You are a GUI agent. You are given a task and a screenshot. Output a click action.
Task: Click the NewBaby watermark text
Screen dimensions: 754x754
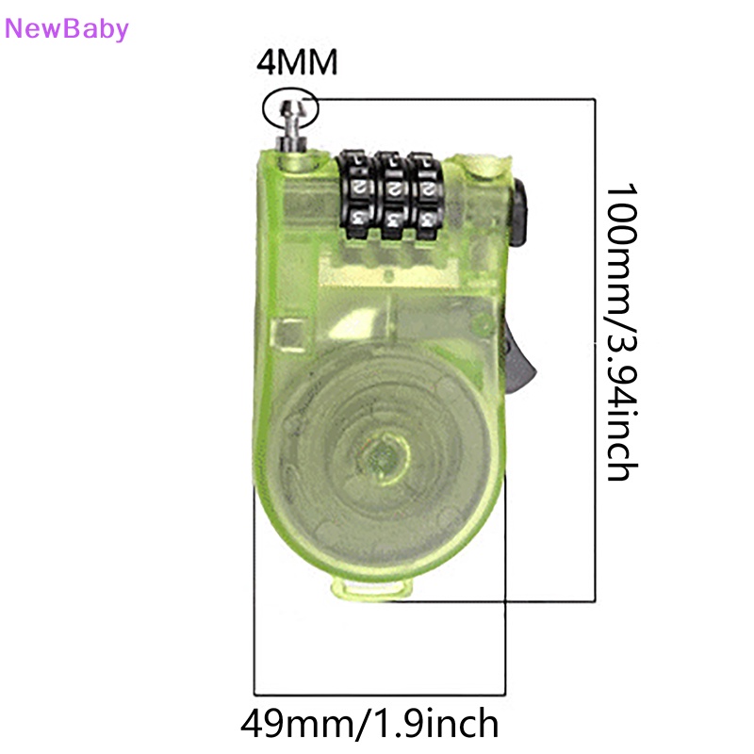66,29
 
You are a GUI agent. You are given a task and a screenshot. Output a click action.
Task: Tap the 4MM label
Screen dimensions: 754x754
297,62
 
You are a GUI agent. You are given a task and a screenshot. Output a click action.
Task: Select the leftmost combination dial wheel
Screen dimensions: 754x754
354,195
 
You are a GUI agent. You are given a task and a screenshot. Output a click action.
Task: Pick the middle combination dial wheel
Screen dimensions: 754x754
392,196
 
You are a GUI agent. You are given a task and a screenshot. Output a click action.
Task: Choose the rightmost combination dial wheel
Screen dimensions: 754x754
427,196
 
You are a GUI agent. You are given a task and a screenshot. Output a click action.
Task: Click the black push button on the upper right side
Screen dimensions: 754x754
518,212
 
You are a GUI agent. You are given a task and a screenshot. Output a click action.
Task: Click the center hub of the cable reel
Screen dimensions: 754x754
384,455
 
